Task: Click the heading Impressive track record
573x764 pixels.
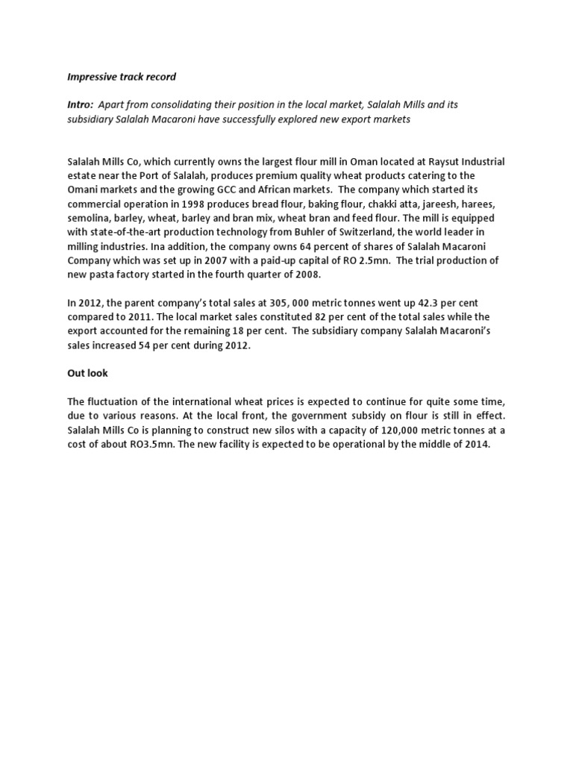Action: click(x=122, y=77)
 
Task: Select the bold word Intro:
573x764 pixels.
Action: click(x=81, y=104)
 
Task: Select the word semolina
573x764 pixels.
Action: click(x=90, y=218)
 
